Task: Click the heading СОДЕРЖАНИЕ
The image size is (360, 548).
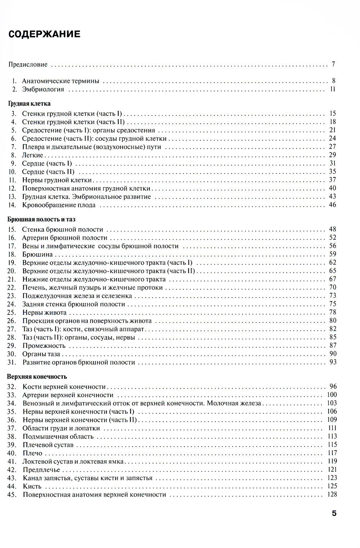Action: [x=44, y=34]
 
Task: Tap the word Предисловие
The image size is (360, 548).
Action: [x=28, y=65]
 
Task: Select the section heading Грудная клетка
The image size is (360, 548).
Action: [x=29, y=104]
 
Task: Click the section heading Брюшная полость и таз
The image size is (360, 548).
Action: [x=41, y=219]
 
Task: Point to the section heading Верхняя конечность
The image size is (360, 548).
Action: [x=37, y=377]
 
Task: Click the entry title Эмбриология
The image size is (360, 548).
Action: [x=43, y=89]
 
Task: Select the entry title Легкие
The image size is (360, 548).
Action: [x=32, y=155]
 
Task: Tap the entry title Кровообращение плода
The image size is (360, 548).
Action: [x=59, y=205]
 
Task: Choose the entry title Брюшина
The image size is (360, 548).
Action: [x=37, y=254]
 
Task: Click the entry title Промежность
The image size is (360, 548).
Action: [x=44, y=346]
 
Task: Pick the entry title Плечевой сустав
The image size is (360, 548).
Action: [x=48, y=445]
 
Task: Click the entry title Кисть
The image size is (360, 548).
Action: [x=32, y=486]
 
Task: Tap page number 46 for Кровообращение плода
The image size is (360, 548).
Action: [x=332, y=205]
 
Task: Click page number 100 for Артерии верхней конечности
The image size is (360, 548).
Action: [x=332, y=395]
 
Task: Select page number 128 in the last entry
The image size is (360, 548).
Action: [x=332, y=494]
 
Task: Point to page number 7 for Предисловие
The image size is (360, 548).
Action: [x=334, y=64]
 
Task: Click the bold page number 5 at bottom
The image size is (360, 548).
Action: [x=334, y=513]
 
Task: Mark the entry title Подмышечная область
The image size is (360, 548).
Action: [x=58, y=437]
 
